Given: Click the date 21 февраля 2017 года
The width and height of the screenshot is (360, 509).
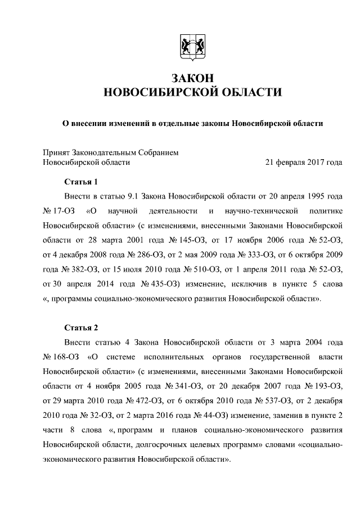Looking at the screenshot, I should pyautogui.click(x=304, y=163).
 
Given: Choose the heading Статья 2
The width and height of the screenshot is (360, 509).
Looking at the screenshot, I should pyautogui.click(x=81, y=327).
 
